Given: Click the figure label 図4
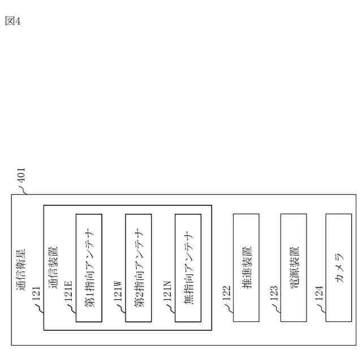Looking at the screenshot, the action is point(12,21).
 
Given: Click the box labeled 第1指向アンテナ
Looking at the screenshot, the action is point(89,268).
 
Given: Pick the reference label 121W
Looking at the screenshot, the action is point(118,291).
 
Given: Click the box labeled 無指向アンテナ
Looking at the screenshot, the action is point(188,268).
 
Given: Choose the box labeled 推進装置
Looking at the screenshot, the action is point(246,268).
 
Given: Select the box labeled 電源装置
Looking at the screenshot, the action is point(294,268).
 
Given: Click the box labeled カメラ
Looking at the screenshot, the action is point(339,268).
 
